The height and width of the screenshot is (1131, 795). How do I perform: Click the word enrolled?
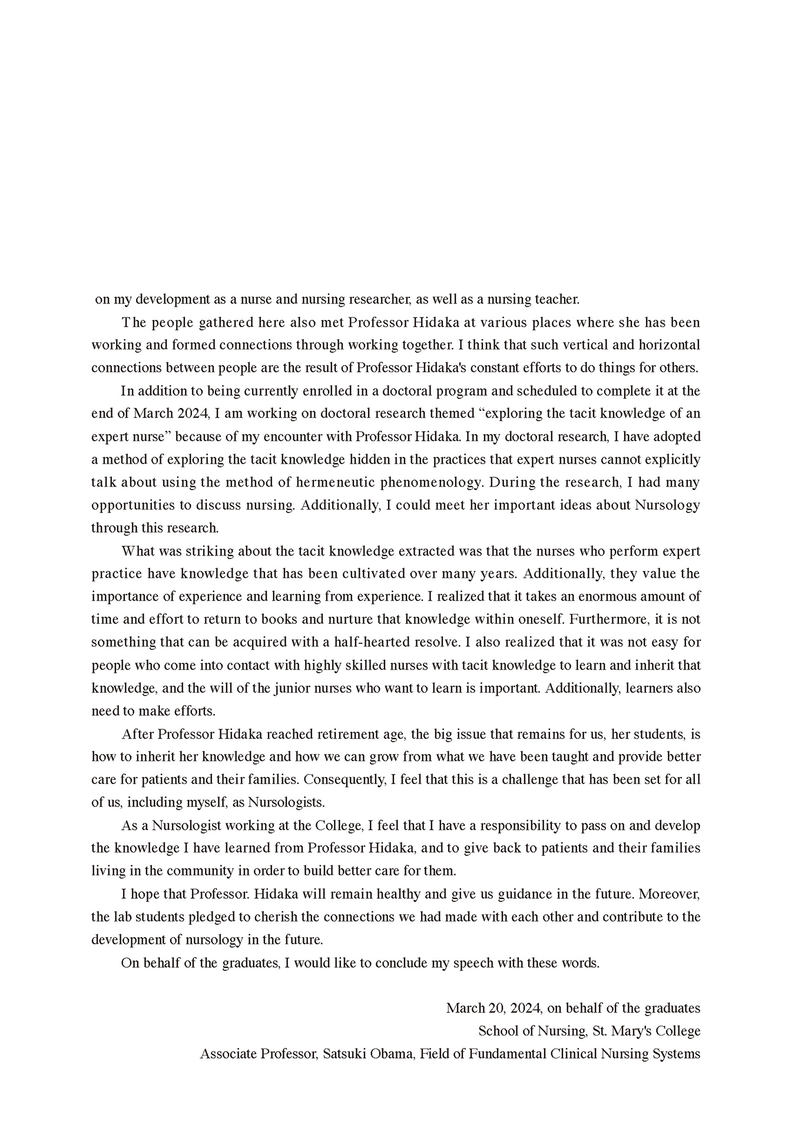pyautogui.click(x=336, y=391)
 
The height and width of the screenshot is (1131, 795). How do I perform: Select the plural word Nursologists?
pyautogui.click(x=286, y=803)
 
